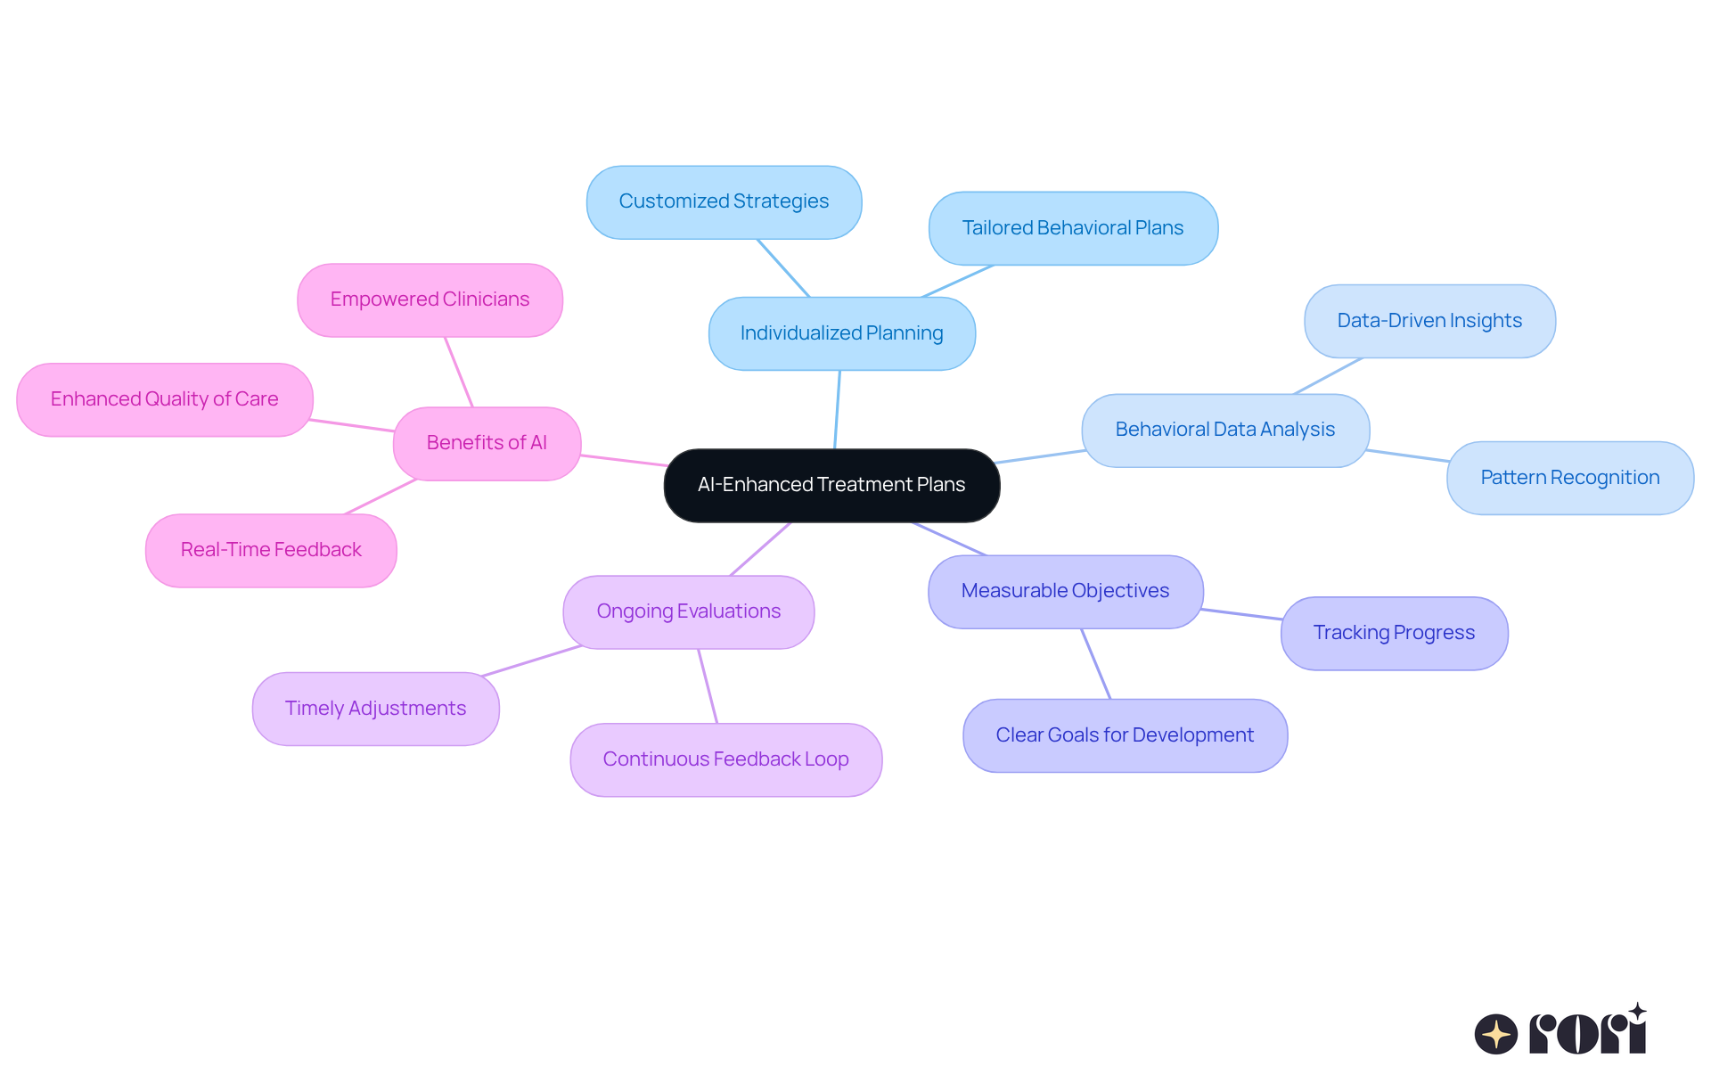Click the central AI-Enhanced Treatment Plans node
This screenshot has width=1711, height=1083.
coord(831,485)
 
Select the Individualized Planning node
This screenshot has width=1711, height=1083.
coord(841,333)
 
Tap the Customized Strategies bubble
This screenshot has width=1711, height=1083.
coord(724,201)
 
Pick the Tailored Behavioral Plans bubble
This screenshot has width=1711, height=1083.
coord(1072,228)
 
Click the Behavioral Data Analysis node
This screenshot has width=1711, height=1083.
coord(1224,430)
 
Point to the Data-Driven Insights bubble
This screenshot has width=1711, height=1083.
coord(1429,321)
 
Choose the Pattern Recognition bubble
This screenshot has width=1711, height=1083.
coord(1569,478)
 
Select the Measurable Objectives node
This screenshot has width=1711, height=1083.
coord(1065,591)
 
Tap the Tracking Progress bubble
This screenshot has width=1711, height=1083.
coord(1394,633)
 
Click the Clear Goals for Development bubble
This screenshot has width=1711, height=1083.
coord(1125,735)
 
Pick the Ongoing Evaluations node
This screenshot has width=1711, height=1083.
coord(688,611)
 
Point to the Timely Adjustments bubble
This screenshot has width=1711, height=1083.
coord(375,709)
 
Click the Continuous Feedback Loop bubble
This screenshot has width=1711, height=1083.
coord(725,759)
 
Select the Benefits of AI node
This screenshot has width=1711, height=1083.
coord(487,443)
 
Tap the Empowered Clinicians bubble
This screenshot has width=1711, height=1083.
coord(430,299)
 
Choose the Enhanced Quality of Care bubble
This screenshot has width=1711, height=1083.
coord(165,399)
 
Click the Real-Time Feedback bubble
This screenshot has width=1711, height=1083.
coord(271,550)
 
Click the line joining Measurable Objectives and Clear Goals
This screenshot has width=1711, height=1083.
coord(1096,664)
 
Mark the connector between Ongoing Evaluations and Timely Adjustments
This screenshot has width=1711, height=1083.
coord(532,660)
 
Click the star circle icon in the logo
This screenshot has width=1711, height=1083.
coord(1495,1034)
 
